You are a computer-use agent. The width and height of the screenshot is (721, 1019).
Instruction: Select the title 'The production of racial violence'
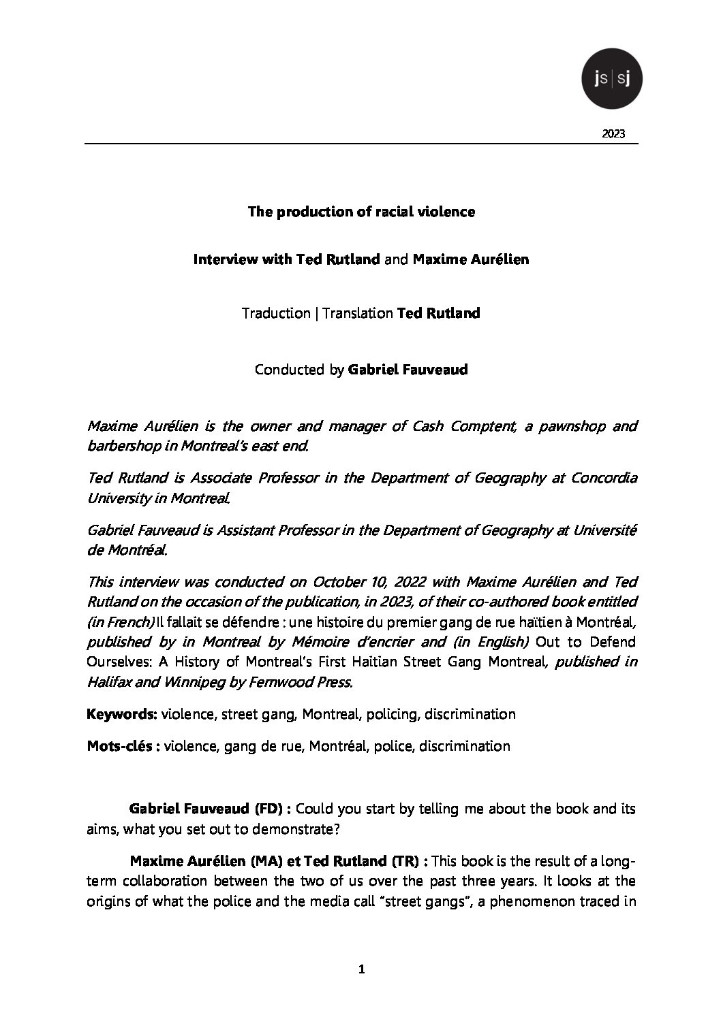[x=361, y=212]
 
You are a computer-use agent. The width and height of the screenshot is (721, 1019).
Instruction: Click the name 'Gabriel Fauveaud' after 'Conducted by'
[x=408, y=370]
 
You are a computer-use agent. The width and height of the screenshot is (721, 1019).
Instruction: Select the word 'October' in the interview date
[x=336, y=582]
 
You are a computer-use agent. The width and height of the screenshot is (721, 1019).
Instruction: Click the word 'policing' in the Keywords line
[x=392, y=714]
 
